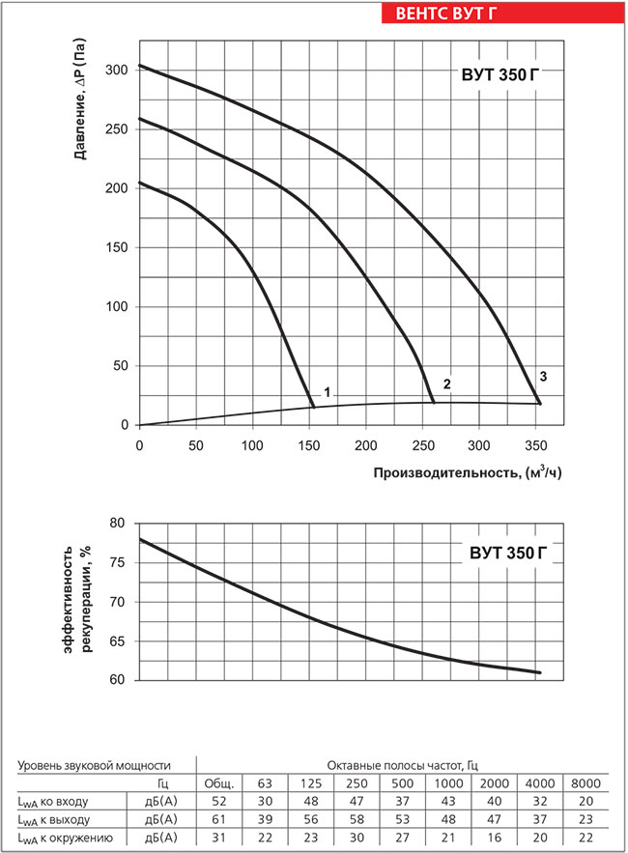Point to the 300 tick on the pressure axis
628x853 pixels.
118,71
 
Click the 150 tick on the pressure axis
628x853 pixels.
118,247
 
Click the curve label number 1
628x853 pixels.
328,392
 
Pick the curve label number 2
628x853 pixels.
446,384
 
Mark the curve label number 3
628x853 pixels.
543,375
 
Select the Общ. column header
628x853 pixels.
218,782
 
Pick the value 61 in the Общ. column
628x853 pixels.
218,819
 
